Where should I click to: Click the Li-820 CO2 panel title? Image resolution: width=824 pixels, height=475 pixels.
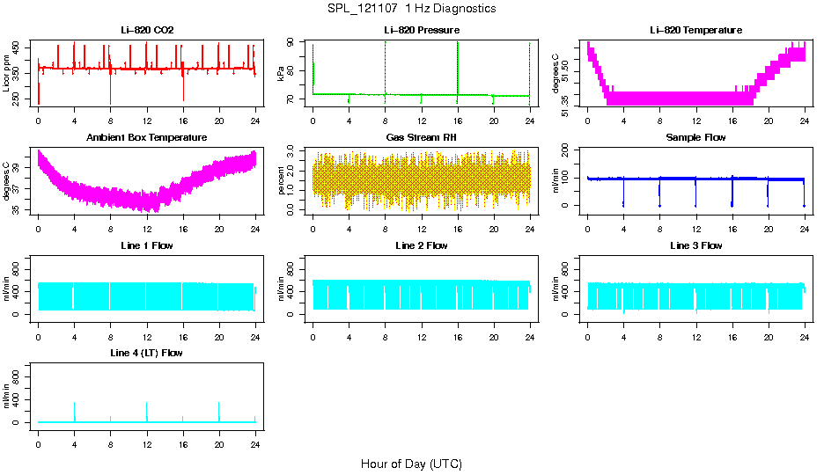coord(147,31)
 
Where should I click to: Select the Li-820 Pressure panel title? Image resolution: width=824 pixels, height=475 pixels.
coord(422,31)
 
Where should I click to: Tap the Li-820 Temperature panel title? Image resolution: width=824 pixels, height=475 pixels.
coord(695,31)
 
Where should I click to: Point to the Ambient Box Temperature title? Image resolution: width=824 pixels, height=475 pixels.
coord(147,138)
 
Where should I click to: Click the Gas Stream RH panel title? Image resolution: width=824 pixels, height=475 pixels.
coord(422,138)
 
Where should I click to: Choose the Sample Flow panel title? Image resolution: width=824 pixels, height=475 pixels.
coord(695,138)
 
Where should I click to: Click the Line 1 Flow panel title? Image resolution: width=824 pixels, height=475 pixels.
coord(147,245)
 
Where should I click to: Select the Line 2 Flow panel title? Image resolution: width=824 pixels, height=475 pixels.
coord(422,245)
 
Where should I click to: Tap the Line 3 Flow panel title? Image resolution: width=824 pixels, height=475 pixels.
coord(695,245)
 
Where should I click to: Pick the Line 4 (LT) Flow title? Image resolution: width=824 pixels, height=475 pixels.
coord(147,353)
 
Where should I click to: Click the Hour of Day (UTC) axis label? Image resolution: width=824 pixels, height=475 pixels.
coord(411,464)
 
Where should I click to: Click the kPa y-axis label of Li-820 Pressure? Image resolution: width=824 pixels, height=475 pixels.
coord(281,74)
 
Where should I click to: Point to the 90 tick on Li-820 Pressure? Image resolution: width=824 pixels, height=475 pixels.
coord(295,44)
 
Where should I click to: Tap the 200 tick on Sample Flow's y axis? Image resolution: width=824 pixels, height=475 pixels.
coord(570,151)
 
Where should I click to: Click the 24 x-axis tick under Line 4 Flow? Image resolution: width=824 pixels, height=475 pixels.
coord(255,444)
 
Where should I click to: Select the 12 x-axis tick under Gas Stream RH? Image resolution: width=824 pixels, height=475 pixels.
coord(422,230)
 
